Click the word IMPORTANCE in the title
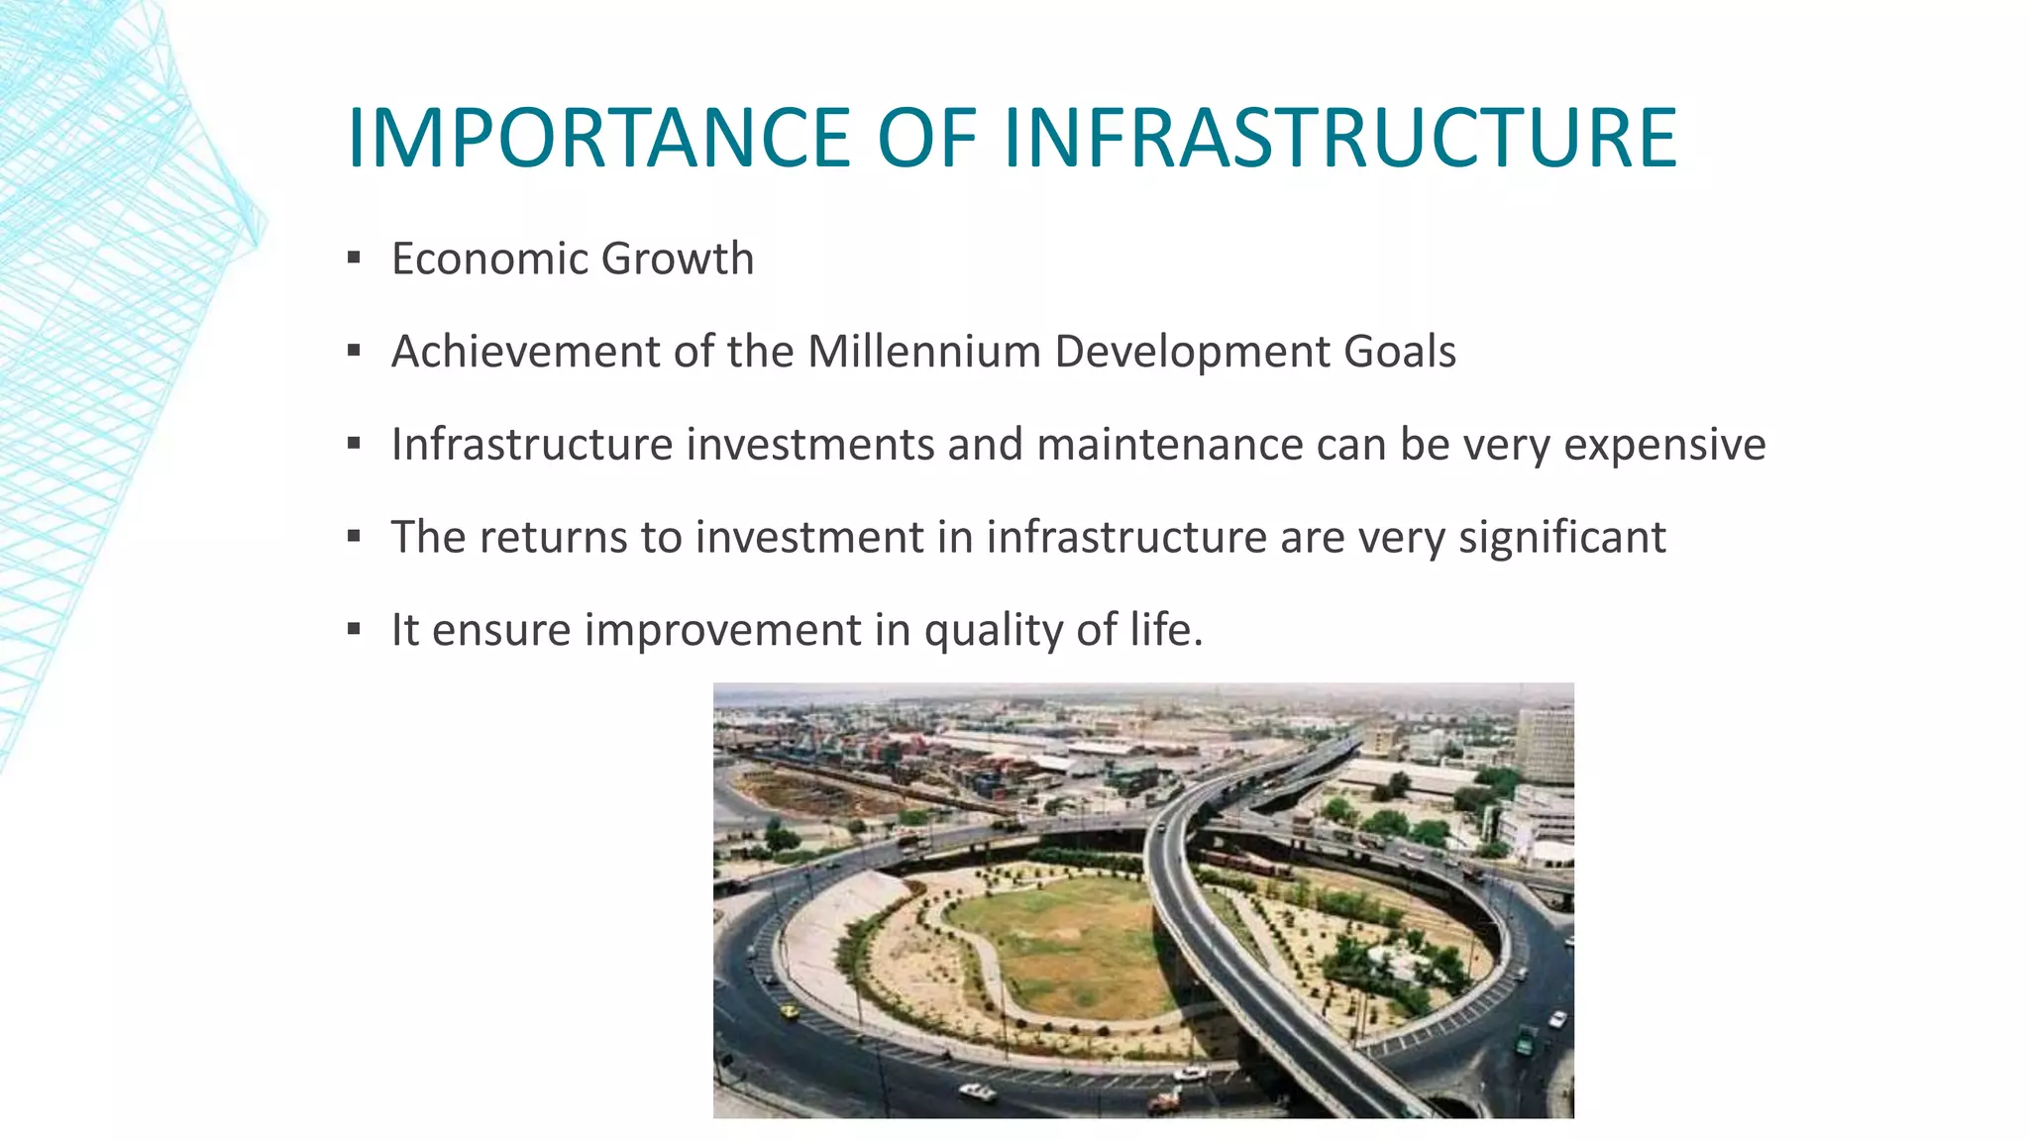(598, 138)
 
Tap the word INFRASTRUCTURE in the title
(1339, 138)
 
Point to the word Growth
(678, 259)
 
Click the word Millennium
(923, 352)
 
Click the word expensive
(1664, 445)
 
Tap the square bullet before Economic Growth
(354, 259)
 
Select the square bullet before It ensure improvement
(354, 630)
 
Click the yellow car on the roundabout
(790, 1011)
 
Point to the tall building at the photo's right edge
(1545, 743)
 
